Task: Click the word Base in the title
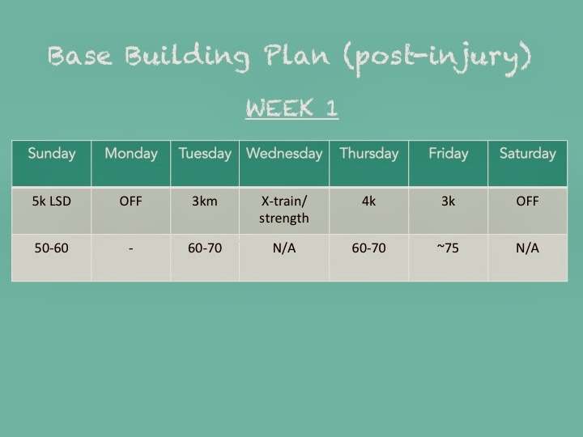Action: click(x=79, y=56)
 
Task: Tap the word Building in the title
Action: click(x=187, y=57)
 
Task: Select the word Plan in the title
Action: click(x=296, y=55)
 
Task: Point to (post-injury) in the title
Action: click(x=438, y=58)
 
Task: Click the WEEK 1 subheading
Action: click(x=291, y=108)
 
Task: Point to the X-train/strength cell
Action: click(x=284, y=210)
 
